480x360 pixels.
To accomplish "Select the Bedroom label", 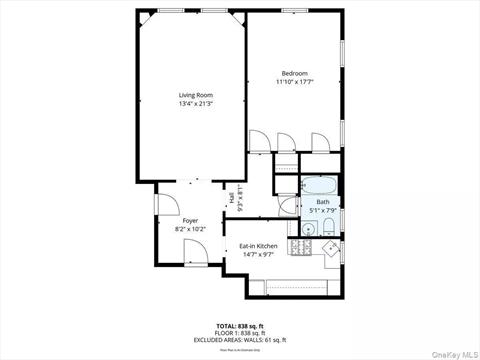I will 294,73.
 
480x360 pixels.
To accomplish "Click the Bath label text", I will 322,201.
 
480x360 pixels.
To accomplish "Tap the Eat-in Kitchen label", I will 258,246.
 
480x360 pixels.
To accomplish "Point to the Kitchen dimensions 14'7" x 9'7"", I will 258,255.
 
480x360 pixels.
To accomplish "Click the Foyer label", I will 190,220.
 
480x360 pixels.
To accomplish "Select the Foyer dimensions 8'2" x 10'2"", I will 190,229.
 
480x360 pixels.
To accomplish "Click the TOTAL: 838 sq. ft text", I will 239,326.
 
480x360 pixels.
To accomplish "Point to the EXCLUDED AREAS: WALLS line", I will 239,340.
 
